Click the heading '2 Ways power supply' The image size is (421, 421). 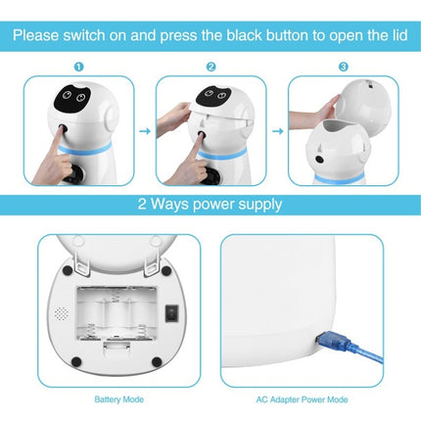(x=210, y=205)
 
